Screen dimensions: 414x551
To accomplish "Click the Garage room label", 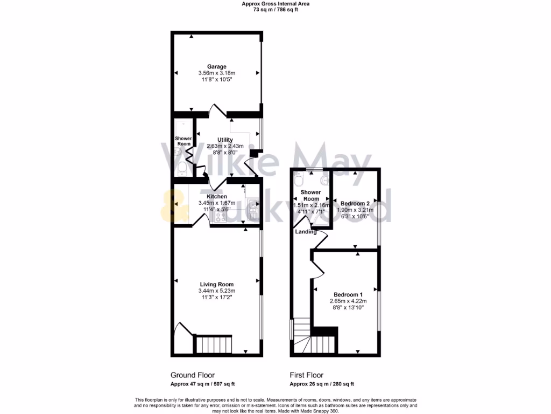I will pos(217,67).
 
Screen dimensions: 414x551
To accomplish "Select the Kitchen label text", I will pos(217,197).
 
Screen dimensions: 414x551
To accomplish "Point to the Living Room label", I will pos(217,285).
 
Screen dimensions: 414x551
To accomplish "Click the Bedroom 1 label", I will pos(346,294).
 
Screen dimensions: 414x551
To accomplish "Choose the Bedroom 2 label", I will pos(355,203).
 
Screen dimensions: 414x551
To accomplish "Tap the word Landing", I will pos(306,232).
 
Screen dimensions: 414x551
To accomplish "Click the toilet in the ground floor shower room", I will pos(182,171).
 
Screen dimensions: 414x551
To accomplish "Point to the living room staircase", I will pos(214,343).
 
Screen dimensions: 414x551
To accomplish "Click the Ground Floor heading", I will pos(192,375).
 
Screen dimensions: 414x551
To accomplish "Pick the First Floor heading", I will pos(307,375).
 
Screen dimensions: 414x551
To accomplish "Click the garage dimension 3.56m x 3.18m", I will pos(217,73).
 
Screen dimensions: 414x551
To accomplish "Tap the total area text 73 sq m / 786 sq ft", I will pos(275,10).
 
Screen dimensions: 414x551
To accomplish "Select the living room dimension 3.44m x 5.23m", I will pos(217,291).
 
